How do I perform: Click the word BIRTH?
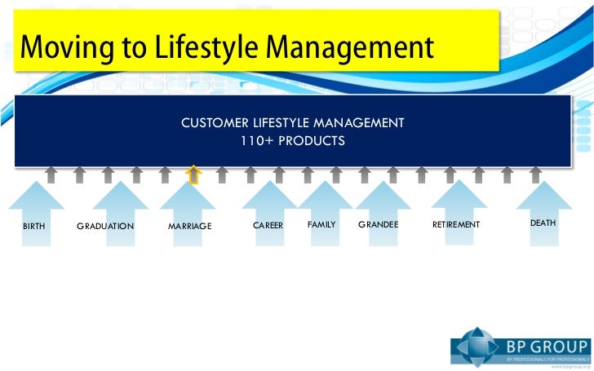tap(34, 225)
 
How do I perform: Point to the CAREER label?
tap(268, 224)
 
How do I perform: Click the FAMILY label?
tap(321, 223)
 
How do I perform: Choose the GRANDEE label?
tap(378, 224)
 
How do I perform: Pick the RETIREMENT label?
tap(456, 224)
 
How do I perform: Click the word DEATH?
tap(543, 223)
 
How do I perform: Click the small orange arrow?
tap(193, 174)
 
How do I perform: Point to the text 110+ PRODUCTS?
tap(292, 141)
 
